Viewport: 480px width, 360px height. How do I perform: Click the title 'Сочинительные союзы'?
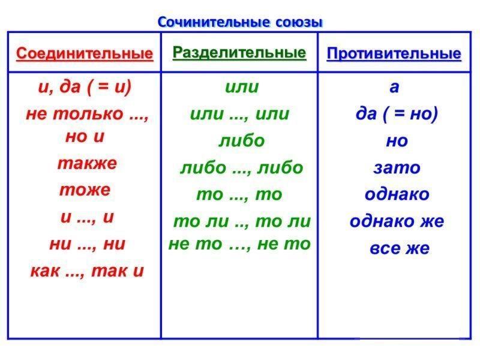[240, 23]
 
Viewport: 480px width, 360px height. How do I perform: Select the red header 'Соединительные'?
[85, 54]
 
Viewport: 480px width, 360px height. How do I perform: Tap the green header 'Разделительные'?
[239, 53]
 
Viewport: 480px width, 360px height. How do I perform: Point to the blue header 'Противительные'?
[394, 54]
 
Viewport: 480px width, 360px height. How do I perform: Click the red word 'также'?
[87, 163]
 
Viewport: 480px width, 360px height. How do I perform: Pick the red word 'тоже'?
[85, 190]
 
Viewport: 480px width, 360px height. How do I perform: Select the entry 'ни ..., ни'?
[87, 244]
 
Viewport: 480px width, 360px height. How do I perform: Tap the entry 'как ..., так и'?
[87, 271]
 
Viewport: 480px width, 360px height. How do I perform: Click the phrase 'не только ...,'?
[87, 114]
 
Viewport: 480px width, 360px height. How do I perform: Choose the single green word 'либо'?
[242, 140]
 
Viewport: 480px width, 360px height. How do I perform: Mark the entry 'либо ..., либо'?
[242, 168]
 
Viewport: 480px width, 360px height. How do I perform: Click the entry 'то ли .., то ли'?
[242, 221]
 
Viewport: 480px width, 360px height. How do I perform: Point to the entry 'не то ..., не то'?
[239, 244]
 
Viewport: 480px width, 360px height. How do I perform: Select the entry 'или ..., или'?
[239, 114]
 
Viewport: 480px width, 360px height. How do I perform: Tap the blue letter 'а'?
[394, 87]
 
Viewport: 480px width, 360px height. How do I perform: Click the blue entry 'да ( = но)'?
[397, 115]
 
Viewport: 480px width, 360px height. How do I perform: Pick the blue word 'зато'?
[397, 168]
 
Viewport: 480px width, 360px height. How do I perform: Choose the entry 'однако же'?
[397, 221]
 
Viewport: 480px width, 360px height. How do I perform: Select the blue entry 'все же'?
[400, 248]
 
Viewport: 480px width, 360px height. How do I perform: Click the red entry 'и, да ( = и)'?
[85, 87]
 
